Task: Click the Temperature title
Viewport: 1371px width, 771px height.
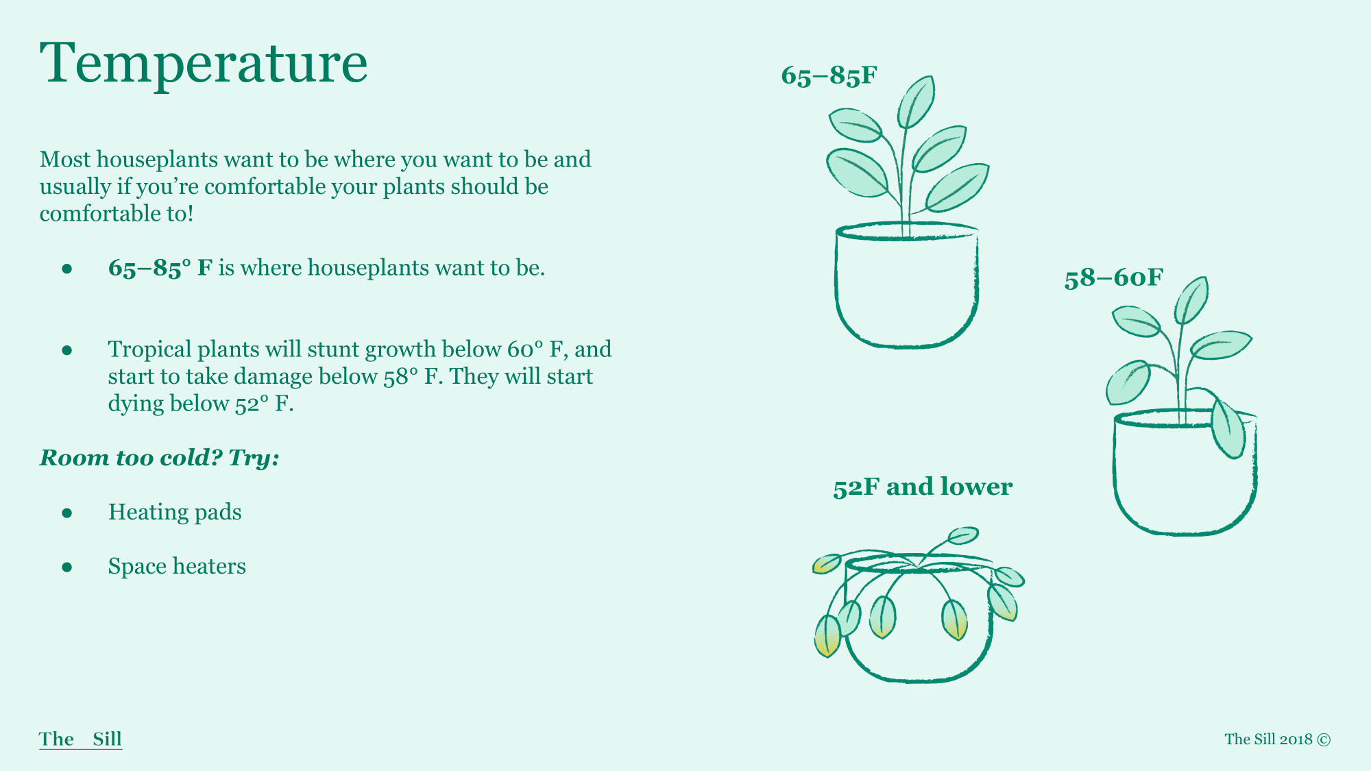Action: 204,63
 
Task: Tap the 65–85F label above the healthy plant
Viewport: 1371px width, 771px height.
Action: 829,75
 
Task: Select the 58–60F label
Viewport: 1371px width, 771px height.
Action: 1114,278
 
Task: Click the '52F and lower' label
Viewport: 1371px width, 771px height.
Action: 923,487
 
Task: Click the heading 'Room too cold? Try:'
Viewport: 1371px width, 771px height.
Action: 159,457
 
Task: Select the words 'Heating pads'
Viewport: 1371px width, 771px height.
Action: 175,512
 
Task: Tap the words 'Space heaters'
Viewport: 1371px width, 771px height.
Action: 177,566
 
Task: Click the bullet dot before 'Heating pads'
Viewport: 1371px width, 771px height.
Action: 66,513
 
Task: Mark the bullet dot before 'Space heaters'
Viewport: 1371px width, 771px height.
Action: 66,567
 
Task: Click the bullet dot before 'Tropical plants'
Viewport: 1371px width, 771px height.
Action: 66,350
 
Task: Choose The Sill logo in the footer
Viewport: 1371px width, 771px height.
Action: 80,739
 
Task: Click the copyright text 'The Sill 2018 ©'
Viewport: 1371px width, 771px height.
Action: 1278,739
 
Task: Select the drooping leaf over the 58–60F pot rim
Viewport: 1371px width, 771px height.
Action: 1228,429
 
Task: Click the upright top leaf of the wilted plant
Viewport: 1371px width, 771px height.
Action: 962,535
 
